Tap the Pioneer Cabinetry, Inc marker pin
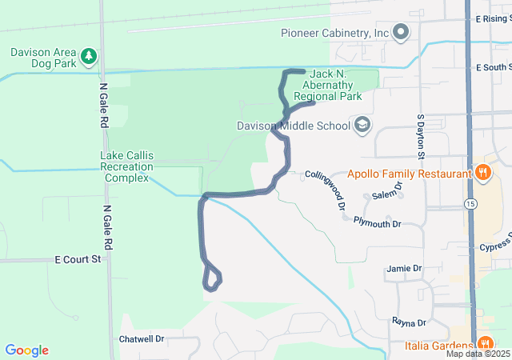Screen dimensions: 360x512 click(401, 33)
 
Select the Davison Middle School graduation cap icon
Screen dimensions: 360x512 click(362, 125)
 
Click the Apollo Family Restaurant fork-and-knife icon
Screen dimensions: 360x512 click(482, 173)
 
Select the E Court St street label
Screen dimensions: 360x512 click(78, 259)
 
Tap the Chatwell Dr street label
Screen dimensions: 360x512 click(141, 339)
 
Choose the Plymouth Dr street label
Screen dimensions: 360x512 click(376, 224)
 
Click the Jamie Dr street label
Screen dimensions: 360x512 click(403, 268)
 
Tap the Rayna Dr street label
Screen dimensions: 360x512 click(408, 322)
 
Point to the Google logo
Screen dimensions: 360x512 click(26, 350)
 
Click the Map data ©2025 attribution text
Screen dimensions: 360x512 click(478, 354)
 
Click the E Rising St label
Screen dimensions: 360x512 click(492, 18)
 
